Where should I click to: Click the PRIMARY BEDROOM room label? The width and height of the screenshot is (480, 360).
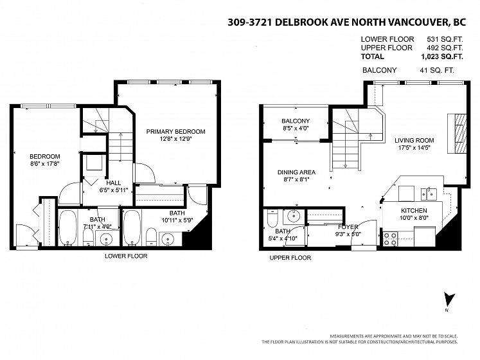[175, 131]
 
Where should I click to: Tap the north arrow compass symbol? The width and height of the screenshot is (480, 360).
[449, 300]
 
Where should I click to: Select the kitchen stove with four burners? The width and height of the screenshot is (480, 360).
[390, 239]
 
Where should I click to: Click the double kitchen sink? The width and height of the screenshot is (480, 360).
[429, 194]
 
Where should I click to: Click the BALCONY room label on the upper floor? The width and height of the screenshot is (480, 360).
[296, 121]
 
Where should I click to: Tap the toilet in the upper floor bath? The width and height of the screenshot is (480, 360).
[272, 218]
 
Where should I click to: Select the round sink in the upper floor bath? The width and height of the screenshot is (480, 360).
[294, 217]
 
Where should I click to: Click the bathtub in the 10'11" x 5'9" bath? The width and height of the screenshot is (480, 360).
[132, 227]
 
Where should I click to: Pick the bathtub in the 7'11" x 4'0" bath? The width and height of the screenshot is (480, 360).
[68, 227]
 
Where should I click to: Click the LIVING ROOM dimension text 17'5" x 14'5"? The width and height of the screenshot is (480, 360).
[414, 148]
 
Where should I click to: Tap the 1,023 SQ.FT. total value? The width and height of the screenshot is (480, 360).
[442, 57]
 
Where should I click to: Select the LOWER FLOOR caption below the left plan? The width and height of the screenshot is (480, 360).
[126, 256]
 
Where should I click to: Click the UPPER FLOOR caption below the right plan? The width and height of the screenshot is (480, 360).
[290, 258]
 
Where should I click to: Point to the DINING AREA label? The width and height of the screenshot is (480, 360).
[296, 172]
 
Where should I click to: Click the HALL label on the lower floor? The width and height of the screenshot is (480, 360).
[113, 183]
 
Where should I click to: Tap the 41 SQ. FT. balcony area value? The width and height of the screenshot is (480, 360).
[437, 70]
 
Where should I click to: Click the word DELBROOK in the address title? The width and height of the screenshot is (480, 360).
[312, 22]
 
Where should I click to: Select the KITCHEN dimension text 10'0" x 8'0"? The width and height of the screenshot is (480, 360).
[414, 218]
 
